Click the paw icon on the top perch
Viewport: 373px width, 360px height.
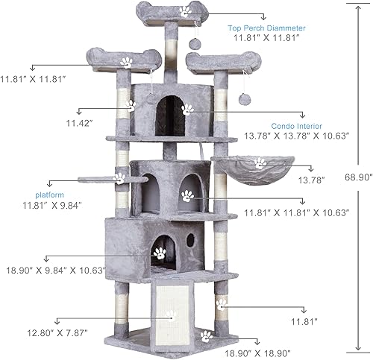(x=184, y=11)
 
